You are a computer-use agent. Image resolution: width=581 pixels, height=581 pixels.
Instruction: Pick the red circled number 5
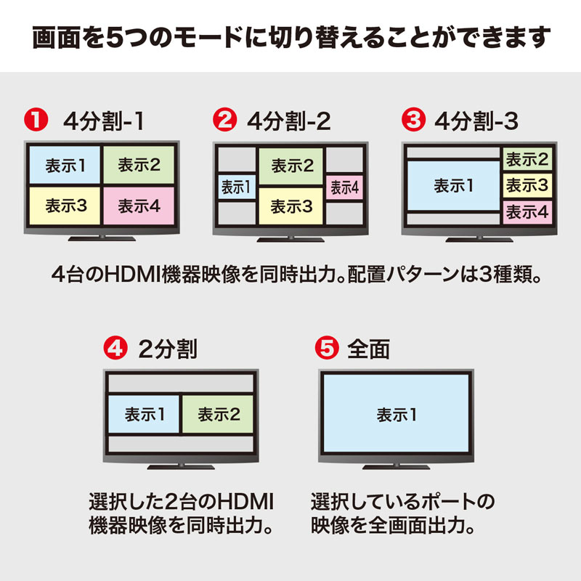[x=328, y=348]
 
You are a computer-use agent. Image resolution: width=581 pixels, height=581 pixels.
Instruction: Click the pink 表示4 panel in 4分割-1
[x=139, y=206]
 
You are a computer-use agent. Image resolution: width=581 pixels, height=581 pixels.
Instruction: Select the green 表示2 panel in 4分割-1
[x=139, y=165]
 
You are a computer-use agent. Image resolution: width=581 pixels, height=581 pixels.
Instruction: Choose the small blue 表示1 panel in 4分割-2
[x=235, y=187]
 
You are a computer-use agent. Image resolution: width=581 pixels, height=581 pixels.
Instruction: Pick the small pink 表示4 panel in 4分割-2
[x=344, y=187]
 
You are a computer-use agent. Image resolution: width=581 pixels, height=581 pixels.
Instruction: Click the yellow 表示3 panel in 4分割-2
[x=291, y=206]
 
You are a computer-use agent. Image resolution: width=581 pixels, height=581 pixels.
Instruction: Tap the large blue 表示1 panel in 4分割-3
[x=453, y=185]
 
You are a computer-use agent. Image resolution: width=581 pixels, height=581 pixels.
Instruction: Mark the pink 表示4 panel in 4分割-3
[x=527, y=212]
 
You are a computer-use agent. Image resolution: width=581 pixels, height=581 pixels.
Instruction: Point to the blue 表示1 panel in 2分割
[x=144, y=415]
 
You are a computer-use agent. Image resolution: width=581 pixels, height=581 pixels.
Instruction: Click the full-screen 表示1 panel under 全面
[x=396, y=415]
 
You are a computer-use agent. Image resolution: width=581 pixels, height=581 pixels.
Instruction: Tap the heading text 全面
[x=368, y=349]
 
